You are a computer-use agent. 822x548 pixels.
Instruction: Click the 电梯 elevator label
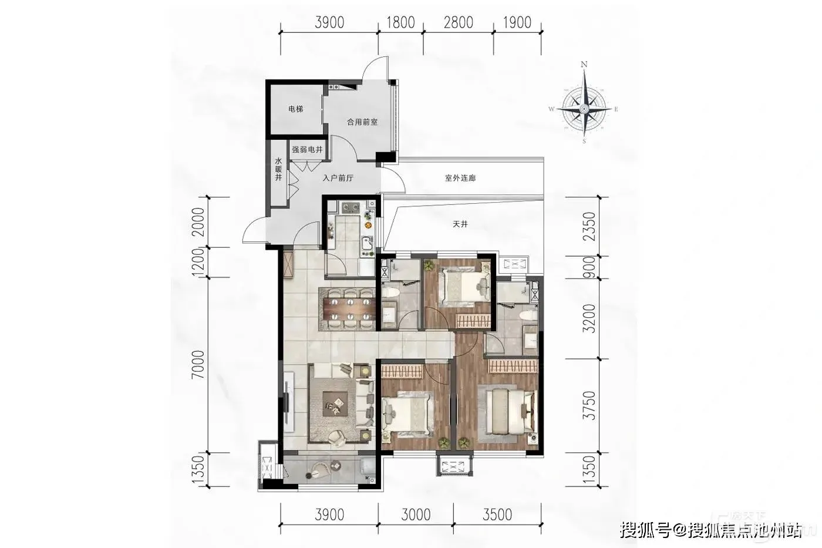295,109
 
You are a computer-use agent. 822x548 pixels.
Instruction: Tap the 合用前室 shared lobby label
362,122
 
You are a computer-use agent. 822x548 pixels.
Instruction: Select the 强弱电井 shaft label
307,150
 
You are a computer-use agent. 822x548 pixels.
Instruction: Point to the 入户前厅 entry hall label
338,179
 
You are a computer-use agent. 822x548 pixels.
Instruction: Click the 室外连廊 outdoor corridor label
460,179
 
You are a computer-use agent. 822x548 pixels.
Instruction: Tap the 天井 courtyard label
460,224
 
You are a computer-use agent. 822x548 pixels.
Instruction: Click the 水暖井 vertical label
278,169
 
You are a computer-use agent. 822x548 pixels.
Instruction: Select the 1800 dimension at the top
400,22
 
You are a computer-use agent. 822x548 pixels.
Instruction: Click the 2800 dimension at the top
459,22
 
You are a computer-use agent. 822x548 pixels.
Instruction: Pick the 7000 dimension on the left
198,365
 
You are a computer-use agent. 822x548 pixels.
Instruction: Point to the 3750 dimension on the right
589,405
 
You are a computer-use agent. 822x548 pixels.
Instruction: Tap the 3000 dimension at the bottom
416,515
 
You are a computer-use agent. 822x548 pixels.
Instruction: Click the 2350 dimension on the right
589,227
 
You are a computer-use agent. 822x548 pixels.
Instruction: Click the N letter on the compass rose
584,64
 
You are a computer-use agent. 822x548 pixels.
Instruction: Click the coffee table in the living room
335,404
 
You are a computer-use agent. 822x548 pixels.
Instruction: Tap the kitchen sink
368,243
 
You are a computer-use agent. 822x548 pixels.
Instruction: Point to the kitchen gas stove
350,208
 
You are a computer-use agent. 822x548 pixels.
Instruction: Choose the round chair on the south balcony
321,469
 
